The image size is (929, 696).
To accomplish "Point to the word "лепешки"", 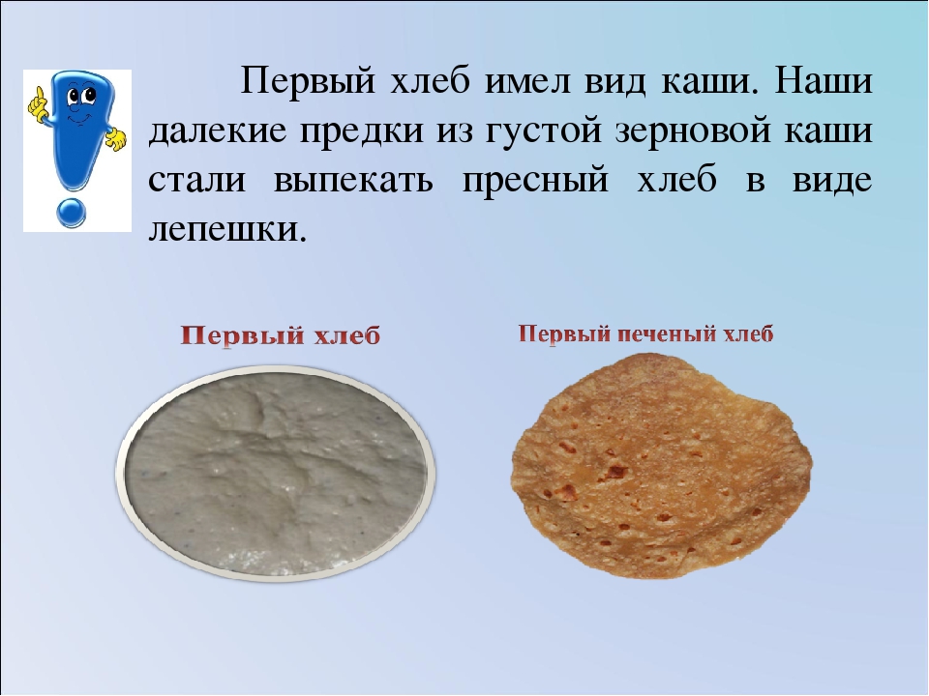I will point(220,230).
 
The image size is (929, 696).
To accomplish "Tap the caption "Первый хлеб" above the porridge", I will point(280,336).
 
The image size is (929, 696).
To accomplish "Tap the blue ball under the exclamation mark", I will point(72,212).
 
